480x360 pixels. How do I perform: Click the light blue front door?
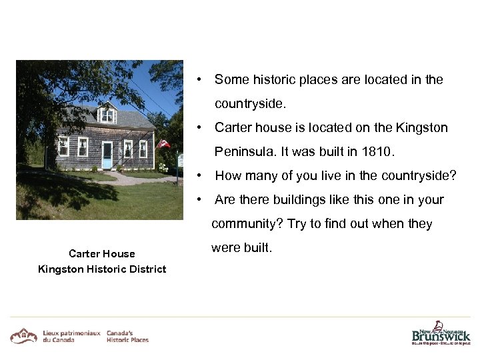(x=107, y=155)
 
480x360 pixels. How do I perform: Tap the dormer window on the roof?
(x=107, y=115)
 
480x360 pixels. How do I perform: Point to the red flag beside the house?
(x=162, y=143)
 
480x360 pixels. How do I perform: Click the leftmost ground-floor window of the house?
(x=63, y=146)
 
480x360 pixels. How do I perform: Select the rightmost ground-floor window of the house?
(x=143, y=149)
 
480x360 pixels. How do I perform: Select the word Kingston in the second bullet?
(x=422, y=127)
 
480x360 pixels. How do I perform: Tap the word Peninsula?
(x=243, y=152)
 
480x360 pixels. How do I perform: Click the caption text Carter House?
(x=102, y=253)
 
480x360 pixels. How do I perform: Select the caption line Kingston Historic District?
(x=102, y=269)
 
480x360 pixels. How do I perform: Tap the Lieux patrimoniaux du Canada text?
(x=71, y=336)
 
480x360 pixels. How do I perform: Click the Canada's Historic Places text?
(x=127, y=336)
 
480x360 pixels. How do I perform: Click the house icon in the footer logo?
(x=23, y=335)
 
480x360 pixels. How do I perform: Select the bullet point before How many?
(x=199, y=176)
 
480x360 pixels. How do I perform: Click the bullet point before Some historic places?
(x=199, y=80)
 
